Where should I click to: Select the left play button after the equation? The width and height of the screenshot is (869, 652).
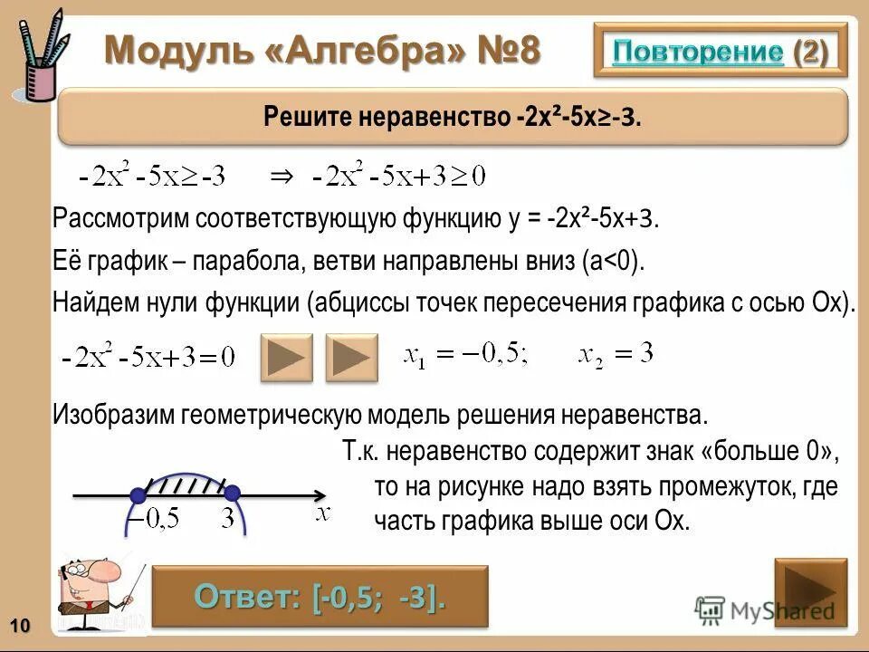[x=286, y=357]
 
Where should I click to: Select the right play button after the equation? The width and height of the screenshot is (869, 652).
[x=351, y=357]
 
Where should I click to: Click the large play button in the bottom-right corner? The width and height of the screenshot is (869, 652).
[x=810, y=593]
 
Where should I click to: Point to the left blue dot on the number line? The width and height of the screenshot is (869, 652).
[x=138, y=495]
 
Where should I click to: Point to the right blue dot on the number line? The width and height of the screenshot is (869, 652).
[x=232, y=494]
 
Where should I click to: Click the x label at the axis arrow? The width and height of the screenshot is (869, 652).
[x=322, y=513]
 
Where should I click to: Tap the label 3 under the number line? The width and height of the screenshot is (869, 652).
[x=227, y=520]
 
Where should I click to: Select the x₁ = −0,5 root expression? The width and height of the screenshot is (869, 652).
[x=465, y=355]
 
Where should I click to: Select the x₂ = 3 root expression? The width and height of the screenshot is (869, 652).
[x=616, y=355]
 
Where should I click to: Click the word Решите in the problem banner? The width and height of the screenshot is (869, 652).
[x=303, y=118]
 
